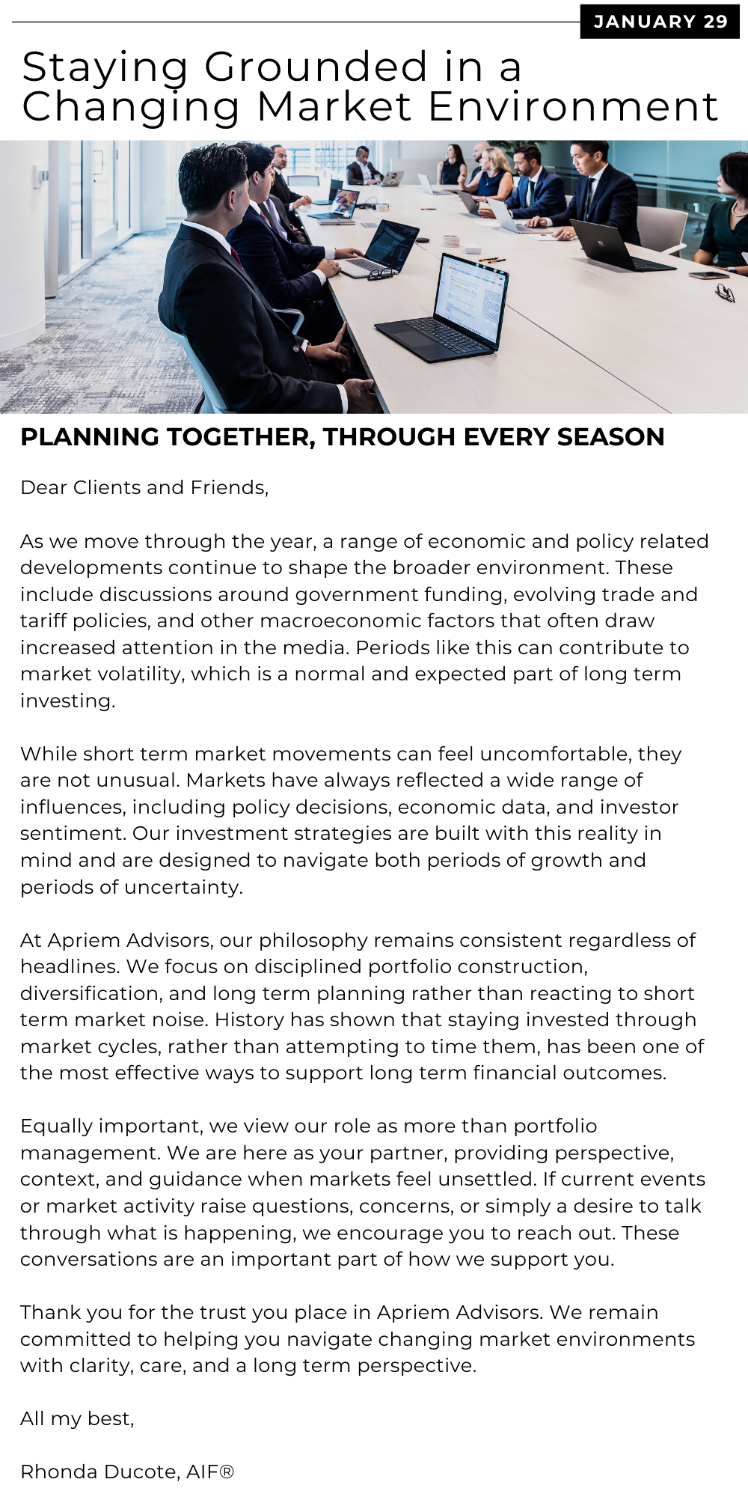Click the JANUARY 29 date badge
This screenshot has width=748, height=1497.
pos(660,22)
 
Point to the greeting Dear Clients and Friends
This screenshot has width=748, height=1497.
pos(144,488)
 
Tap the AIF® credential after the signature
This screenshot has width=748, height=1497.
pos(210,1472)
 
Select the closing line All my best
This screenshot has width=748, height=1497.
pos(77,1418)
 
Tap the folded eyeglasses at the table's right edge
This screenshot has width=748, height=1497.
pos(724,293)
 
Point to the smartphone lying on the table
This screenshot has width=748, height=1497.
pos(703,275)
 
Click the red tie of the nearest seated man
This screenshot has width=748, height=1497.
pos(236,257)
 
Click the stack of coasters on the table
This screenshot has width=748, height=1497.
pos(450,241)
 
